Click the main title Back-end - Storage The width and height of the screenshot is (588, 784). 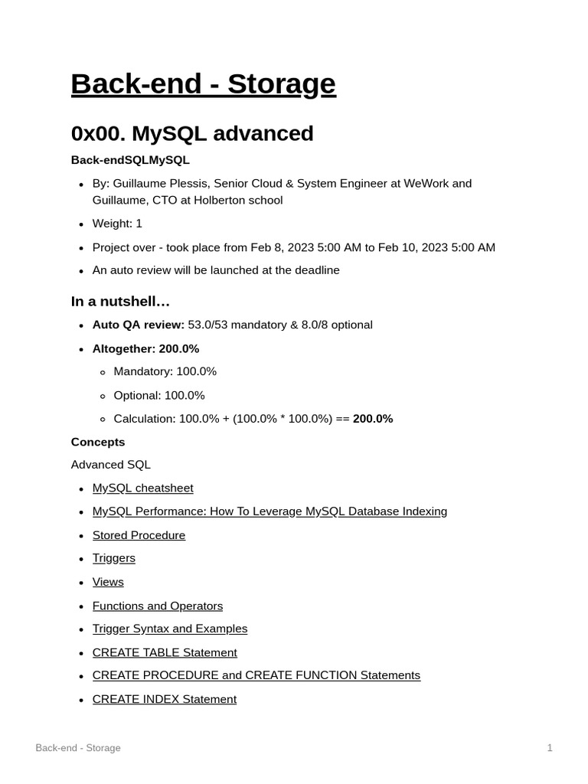203,84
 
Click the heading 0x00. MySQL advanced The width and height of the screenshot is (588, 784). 192,133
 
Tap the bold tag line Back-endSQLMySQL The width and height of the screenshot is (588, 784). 130,160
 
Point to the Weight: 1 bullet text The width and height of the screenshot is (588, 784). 117,224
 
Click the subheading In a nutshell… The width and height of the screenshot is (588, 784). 120,302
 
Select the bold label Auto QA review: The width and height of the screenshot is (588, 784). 138,325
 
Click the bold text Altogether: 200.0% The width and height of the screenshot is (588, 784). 145,348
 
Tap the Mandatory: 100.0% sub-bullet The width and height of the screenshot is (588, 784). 165,371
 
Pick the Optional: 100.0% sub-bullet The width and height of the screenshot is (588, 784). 159,395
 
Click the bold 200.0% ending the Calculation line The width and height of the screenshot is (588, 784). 373,419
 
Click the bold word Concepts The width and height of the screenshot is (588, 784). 98,442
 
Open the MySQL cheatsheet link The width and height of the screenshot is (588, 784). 142,488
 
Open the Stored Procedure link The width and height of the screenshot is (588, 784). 139,535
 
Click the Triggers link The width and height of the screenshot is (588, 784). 113,558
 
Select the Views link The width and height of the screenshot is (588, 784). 108,582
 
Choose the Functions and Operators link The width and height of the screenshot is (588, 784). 158,606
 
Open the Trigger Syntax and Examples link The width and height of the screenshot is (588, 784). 170,629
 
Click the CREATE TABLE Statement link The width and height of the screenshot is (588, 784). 165,652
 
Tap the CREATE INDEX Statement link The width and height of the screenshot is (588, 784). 164,699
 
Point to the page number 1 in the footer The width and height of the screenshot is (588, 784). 550,748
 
